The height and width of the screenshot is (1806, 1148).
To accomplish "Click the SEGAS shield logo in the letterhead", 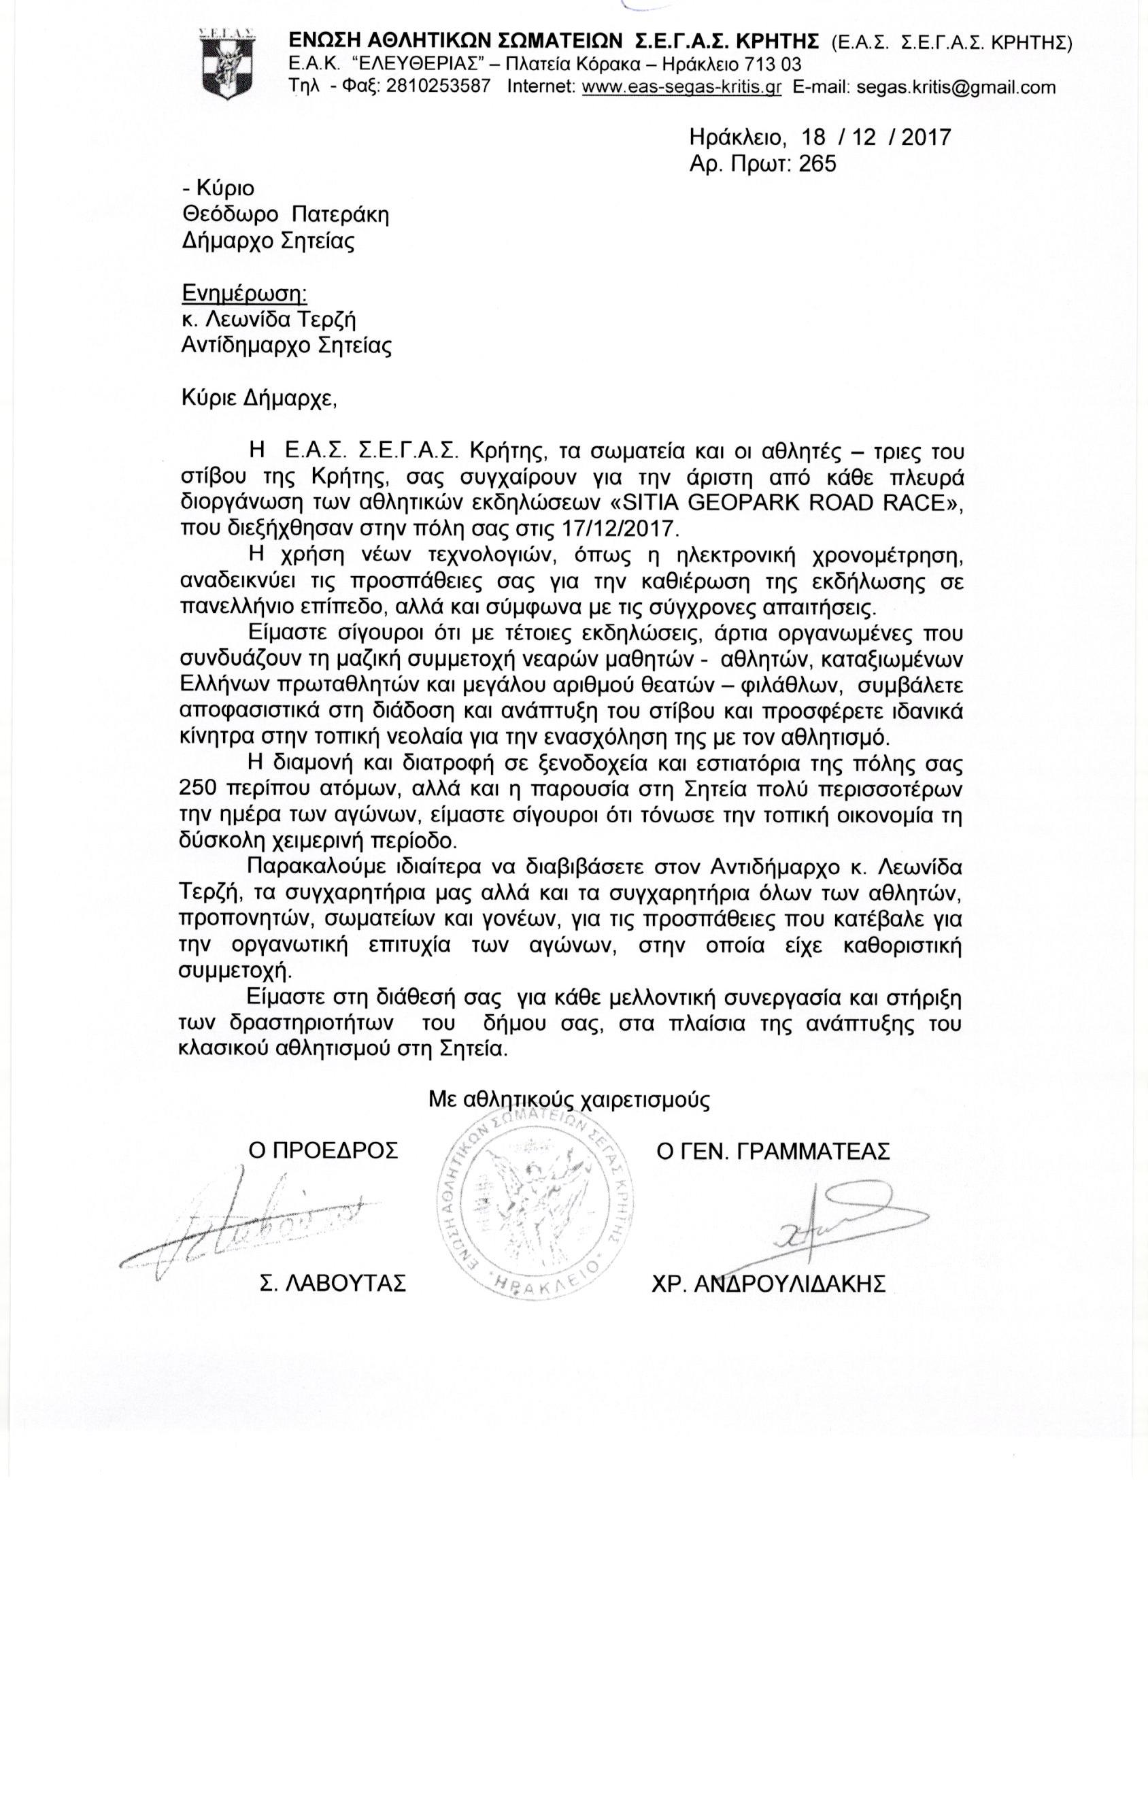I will pos(227,63).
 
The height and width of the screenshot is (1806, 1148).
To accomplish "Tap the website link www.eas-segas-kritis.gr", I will pos(681,87).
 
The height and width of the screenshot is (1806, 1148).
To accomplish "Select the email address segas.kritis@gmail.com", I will pos(924,87).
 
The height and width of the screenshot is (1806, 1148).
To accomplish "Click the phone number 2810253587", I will pos(438,86).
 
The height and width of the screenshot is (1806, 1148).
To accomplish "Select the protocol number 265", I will pos(817,164).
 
